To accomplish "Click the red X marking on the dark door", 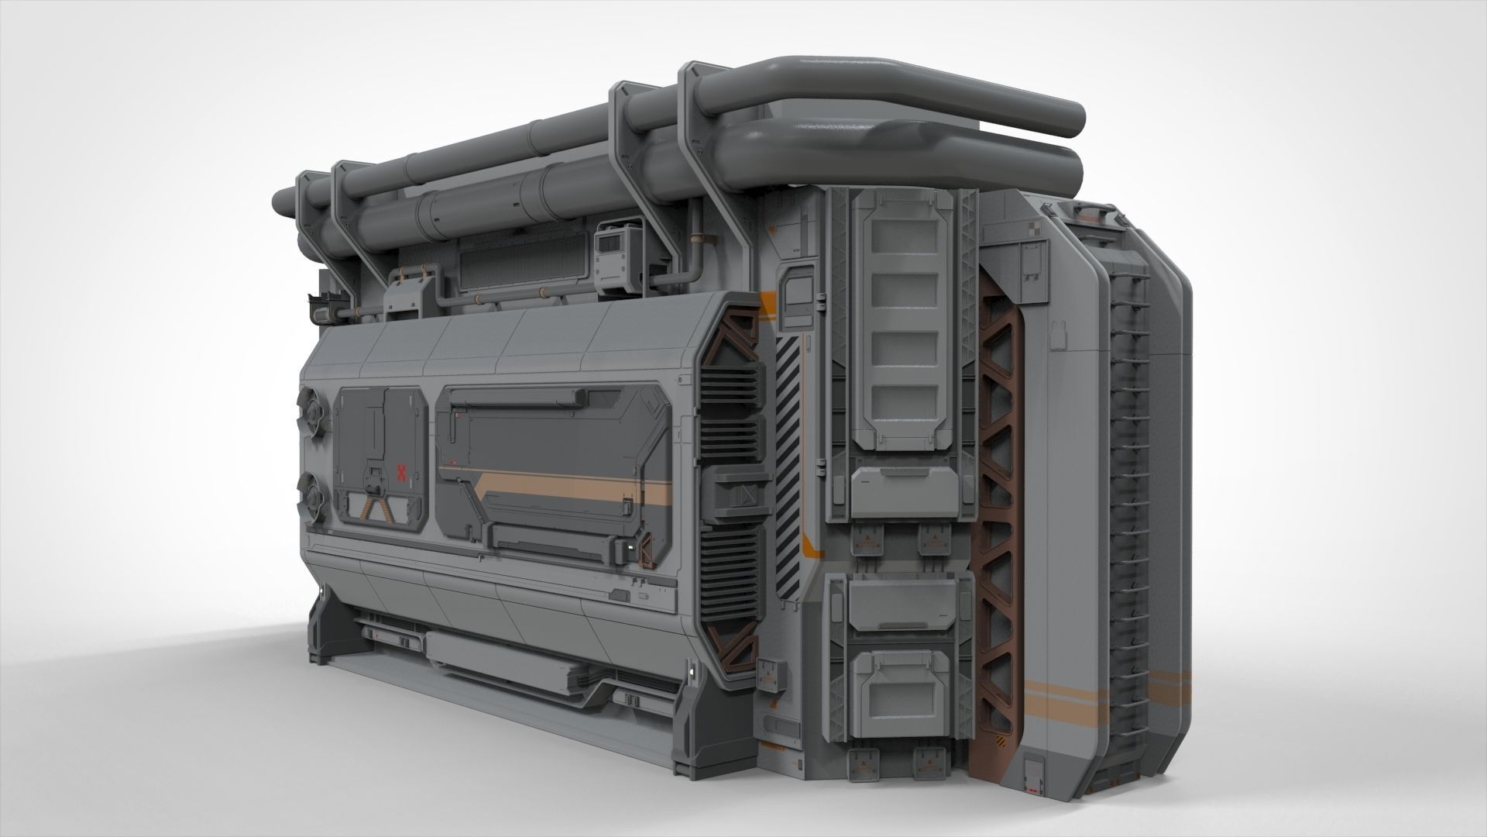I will (401, 473).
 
